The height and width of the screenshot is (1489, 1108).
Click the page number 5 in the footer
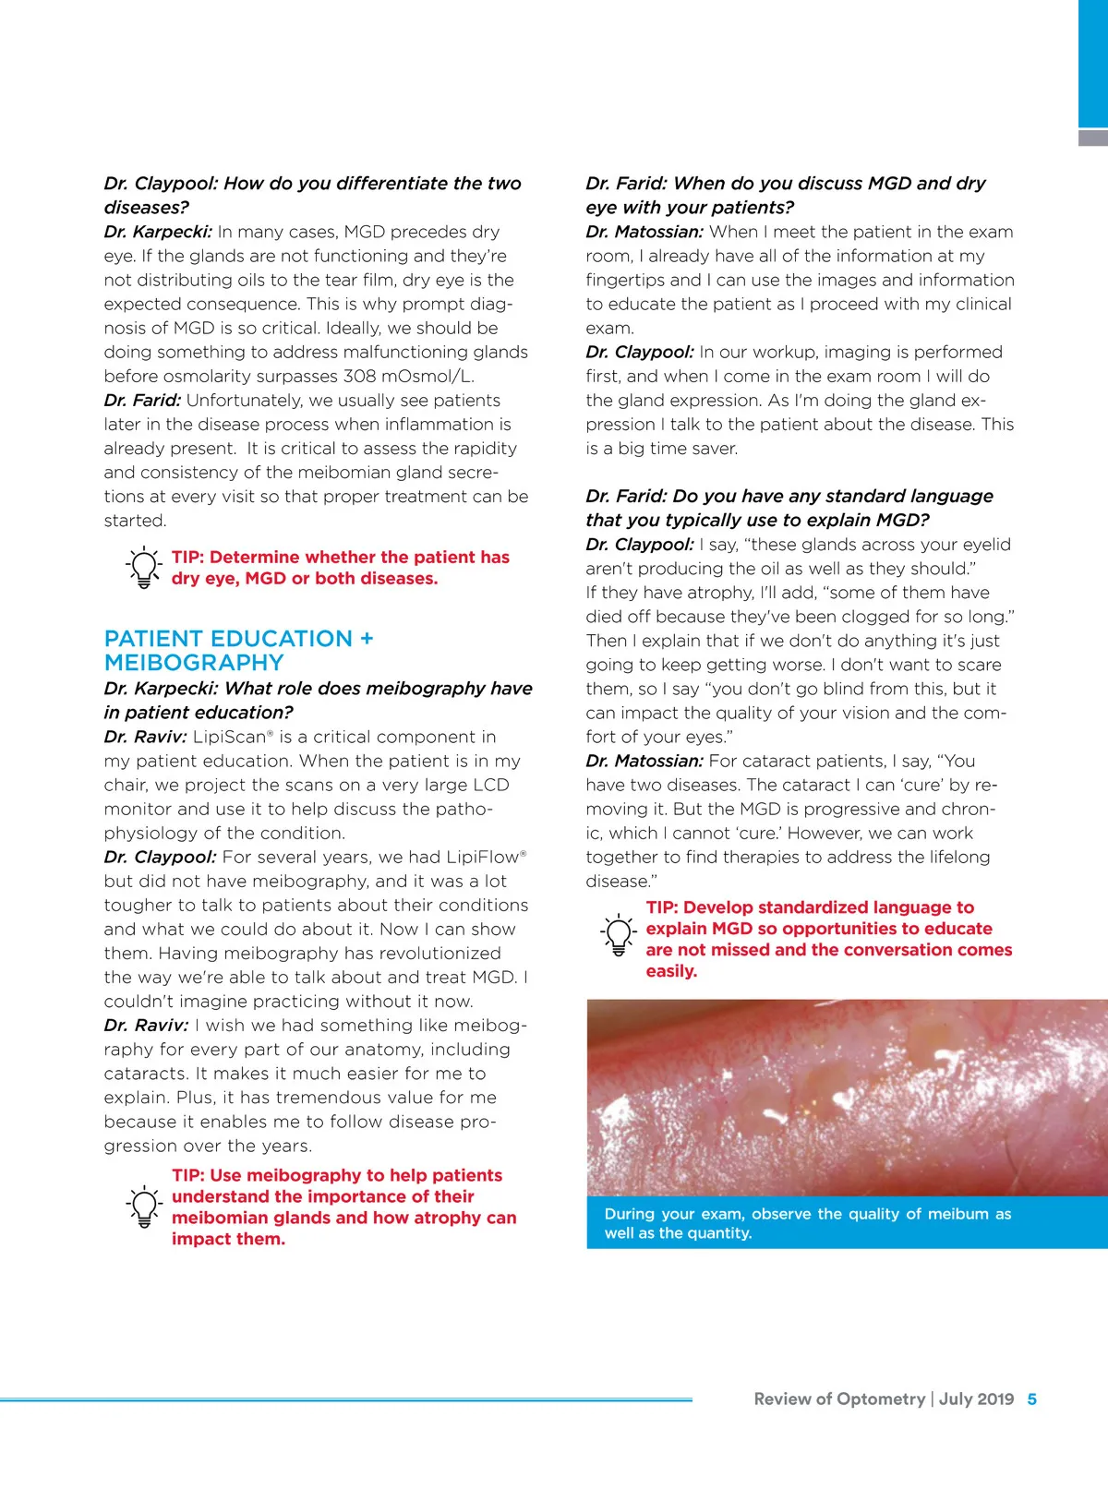[x=1031, y=1399]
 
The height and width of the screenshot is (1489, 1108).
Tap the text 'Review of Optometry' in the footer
[x=838, y=1399]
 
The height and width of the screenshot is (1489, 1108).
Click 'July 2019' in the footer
[x=976, y=1399]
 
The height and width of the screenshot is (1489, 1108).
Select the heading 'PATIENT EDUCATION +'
[x=238, y=639]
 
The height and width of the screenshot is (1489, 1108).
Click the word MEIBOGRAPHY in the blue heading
[x=194, y=663]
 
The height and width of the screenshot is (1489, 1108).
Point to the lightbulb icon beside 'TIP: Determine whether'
[x=144, y=568]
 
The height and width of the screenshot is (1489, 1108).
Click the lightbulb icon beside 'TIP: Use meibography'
[x=144, y=1207]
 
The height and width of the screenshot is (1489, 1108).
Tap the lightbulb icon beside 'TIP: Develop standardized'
[x=619, y=934]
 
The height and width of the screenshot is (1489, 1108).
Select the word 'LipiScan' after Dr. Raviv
[x=229, y=737]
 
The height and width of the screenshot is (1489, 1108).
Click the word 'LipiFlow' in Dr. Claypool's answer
[x=482, y=857]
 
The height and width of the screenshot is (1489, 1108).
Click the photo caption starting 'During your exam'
[x=808, y=1223]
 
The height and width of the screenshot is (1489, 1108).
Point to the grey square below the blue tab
[x=1093, y=138]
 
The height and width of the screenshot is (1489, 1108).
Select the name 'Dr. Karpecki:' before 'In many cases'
[x=158, y=232]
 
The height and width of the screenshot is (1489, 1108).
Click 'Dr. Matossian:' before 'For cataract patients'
[x=644, y=761]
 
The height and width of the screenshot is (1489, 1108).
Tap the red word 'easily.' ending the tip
[x=671, y=971]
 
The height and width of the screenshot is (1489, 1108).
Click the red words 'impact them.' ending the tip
[x=228, y=1239]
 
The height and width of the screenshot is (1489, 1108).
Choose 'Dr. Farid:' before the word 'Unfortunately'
[x=142, y=400]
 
